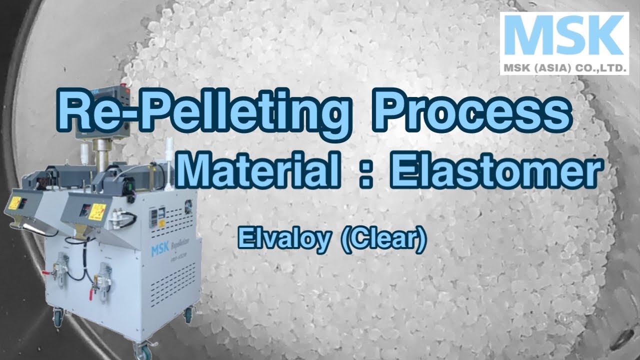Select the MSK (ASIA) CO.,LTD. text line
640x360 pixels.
563,67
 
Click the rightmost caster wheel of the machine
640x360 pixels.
189,315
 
